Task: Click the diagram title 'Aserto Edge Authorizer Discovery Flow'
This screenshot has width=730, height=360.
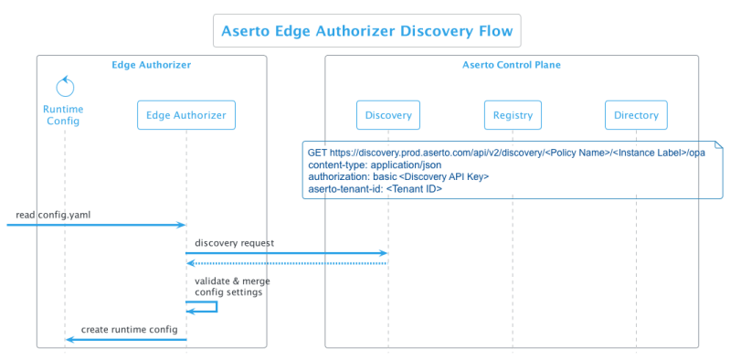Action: coord(367,31)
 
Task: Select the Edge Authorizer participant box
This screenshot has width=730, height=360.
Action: coord(186,115)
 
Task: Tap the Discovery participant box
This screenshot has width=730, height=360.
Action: coord(388,115)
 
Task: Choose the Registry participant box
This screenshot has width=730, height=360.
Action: coord(513,115)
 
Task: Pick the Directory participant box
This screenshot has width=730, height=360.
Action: coord(636,115)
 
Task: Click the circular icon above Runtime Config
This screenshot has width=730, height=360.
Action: coord(65,88)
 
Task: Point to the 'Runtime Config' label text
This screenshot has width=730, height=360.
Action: coord(65,114)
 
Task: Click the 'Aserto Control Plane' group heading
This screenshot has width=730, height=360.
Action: coord(512,66)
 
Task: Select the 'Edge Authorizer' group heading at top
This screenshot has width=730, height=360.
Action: coord(151,66)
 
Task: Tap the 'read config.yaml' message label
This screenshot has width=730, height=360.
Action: coord(53,216)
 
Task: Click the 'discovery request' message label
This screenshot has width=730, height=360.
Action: coord(234,243)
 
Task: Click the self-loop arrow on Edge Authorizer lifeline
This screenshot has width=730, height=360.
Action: coord(206,308)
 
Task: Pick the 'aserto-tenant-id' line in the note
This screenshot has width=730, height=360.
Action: coord(375,188)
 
